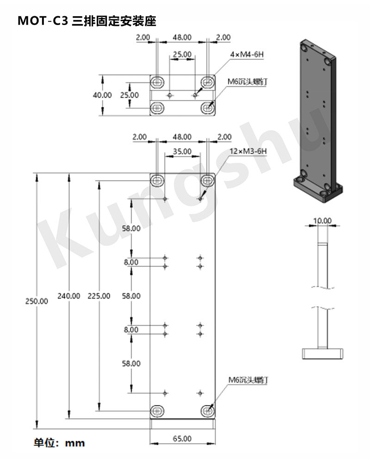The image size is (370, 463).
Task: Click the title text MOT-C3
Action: tap(43, 21)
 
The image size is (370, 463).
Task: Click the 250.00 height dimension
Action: tap(37, 301)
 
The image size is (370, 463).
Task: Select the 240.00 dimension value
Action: tap(69, 296)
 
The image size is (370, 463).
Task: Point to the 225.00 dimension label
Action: tap(99, 296)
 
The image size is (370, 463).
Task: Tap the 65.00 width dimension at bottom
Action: tap(182, 438)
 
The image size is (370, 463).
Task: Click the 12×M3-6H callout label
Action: tap(248, 151)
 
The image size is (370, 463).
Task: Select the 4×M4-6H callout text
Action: tap(247, 54)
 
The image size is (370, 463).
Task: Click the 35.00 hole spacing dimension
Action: tap(182, 151)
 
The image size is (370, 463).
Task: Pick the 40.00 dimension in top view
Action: tap(102, 95)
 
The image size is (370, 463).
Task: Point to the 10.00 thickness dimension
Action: tap(322, 220)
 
